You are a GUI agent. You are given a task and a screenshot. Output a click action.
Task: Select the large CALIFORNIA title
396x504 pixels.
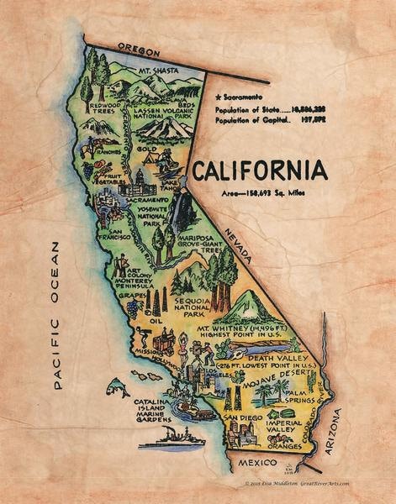click(x=258, y=171)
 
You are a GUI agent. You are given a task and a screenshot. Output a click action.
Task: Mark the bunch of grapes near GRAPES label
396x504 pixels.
click(x=133, y=307)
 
